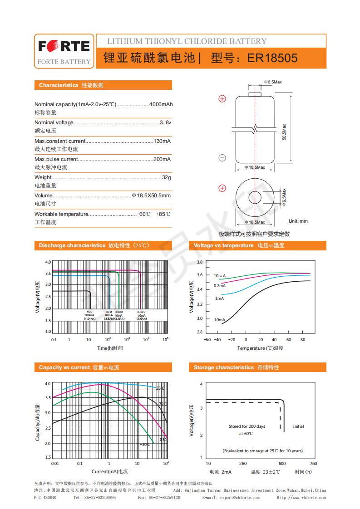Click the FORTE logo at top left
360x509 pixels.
click(x=64, y=46)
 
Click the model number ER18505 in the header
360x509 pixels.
click(x=272, y=59)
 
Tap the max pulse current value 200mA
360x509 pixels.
click(x=162, y=159)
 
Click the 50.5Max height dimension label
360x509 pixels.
click(x=284, y=132)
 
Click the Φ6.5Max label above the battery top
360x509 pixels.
click(x=273, y=82)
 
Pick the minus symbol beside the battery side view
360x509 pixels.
click(x=222, y=158)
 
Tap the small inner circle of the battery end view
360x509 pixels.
click(x=255, y=198)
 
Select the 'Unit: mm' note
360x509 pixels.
click(x=298, y=221)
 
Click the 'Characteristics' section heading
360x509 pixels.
click(x=58, y=85)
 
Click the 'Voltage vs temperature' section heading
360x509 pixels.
click(x=223, y=245)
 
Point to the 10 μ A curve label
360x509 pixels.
click(x=220, y=276)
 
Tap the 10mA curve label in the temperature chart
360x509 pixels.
click(x=219, y=320)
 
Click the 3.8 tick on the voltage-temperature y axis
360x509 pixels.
click(x=199, y=262)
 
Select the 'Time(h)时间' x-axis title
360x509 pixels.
click(x=109, y=348)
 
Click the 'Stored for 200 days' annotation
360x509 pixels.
click(x=247, y=426)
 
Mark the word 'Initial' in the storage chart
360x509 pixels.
click(x=298, y=426)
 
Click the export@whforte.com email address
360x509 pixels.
click(x=240, y=498)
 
